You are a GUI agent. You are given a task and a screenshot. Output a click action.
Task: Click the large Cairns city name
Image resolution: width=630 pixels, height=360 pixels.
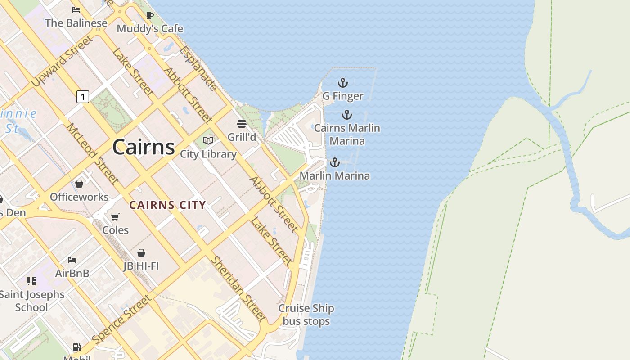(x=144, y=147)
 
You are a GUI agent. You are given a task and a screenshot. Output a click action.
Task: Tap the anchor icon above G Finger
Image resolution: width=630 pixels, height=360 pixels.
(x=343, y=83)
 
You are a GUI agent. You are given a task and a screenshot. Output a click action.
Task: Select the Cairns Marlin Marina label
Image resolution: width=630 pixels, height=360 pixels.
(x=347, y=135)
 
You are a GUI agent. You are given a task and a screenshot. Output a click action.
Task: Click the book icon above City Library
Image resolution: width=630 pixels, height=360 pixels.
(x=208, y=141)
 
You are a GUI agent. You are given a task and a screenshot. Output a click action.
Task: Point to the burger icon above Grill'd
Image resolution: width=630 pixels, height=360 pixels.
(x=242, y=124)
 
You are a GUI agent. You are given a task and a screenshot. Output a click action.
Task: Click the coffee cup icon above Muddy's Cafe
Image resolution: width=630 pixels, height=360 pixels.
(x=150, y=16)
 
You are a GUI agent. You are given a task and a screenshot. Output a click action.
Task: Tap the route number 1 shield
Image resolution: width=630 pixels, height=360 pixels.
(x=82, y=96)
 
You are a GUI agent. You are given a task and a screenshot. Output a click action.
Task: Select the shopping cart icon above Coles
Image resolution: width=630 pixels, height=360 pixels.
(x=115, y=217)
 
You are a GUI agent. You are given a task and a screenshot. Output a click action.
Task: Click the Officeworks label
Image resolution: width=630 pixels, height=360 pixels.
(x=79, y=197)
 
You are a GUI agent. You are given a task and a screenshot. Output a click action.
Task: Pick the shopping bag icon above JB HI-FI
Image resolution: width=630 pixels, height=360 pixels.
(x=141, y=253)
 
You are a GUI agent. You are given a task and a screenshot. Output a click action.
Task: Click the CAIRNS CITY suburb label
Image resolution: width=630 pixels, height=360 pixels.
(x=167, y=205)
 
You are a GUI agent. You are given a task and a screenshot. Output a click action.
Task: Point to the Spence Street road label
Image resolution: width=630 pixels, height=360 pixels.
(x=121, y=319)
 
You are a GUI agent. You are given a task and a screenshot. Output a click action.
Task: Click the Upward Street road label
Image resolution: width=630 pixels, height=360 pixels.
(x=63, y=61)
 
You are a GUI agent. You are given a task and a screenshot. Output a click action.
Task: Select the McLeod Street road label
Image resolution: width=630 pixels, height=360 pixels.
(x=93, y=153)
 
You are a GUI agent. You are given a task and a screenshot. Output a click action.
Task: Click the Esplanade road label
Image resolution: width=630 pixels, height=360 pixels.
(x=198, y=68)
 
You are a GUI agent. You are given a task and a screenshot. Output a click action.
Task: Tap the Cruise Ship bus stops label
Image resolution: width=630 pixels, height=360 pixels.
(x=306, y=315)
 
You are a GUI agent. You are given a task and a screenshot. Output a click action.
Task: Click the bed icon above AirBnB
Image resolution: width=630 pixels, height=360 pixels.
(x=72, y=260)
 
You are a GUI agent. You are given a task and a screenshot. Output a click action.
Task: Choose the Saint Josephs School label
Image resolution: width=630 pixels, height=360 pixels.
(x=31, y=301)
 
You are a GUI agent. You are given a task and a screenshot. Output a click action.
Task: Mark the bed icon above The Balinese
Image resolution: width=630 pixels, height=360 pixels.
(x=76, y=10)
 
